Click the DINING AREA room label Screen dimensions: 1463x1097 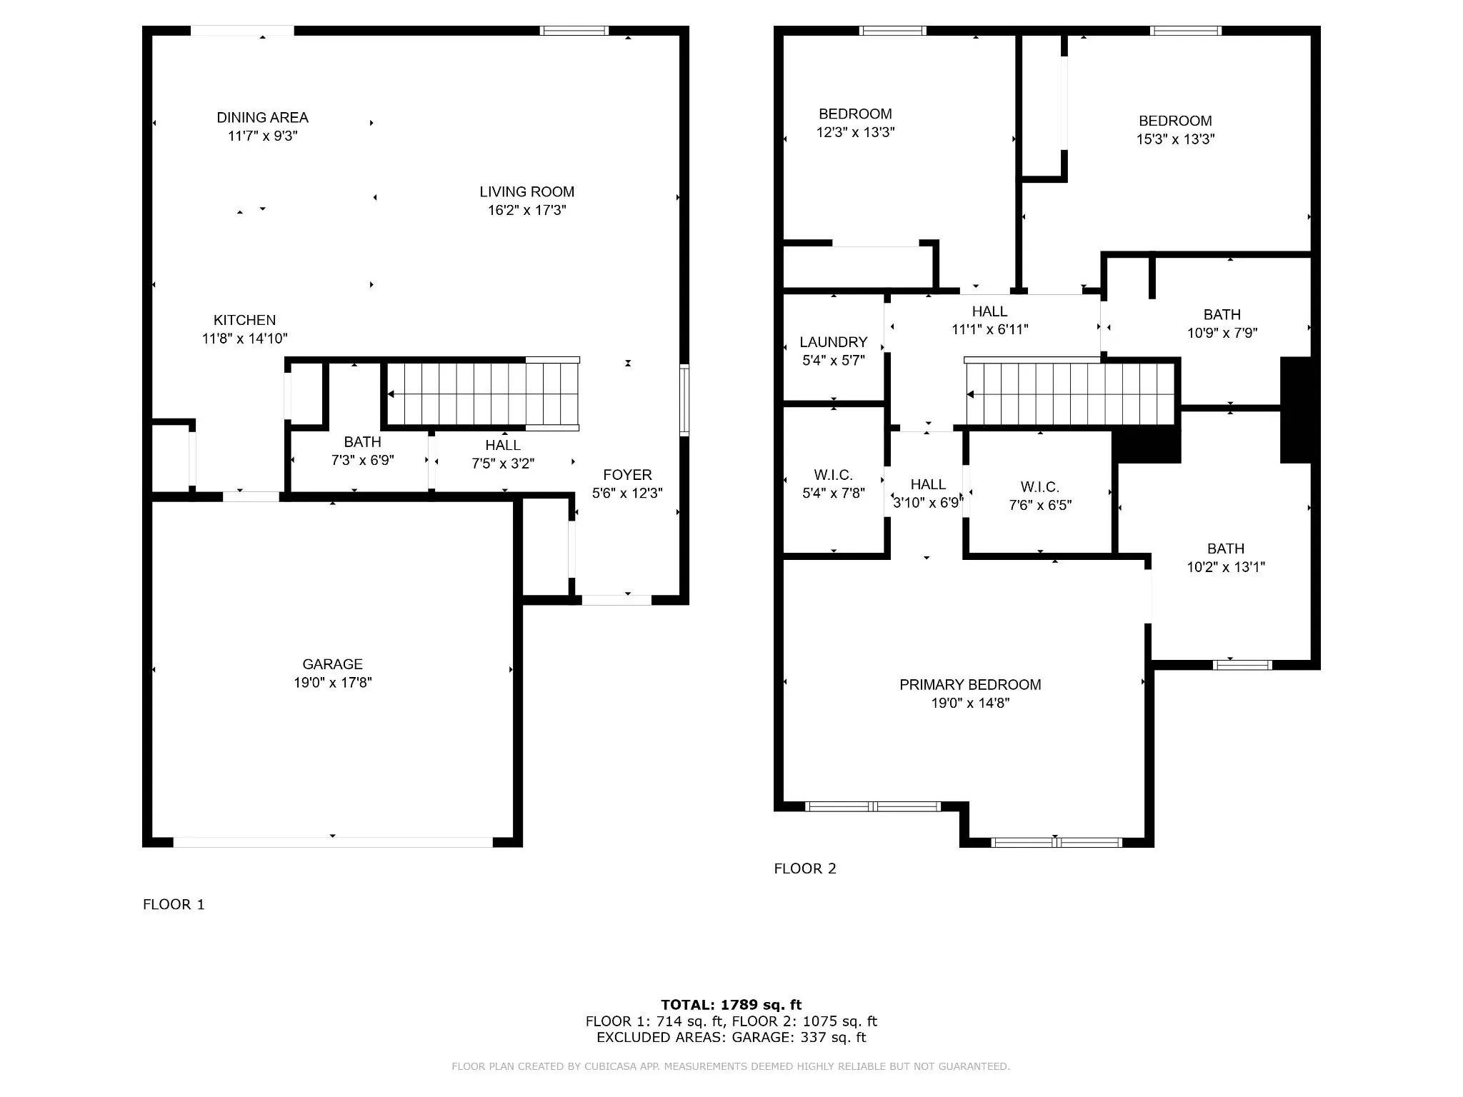coord(262,117)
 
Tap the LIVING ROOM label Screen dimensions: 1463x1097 coord(526,191)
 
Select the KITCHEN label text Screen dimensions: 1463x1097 coord(244,320)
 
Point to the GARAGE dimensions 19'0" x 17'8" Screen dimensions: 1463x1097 coord(332,682)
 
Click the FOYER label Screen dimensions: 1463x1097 coord(627,475)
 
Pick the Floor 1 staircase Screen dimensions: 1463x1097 coord(483,394)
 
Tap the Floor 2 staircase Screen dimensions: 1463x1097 coord(1069,394)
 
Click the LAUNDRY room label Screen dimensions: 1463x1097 coord(833,342)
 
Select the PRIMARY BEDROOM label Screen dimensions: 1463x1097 coord(970,684)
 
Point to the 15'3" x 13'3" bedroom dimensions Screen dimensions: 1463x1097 coord(1175,139)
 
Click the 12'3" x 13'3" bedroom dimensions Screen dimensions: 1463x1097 coord(855,132)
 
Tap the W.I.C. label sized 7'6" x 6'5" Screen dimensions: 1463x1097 coord(1039,487)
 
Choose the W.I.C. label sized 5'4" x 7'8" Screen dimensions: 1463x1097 coord(833,475)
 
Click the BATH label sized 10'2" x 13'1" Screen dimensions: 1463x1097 coord(1226,548)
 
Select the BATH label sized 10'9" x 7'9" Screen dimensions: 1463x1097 coord(1222,314)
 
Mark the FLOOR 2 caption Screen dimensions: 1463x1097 coord(805,868)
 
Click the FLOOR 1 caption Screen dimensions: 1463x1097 coord(174,904)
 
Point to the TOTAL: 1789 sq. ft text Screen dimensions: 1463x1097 coord(731,1005)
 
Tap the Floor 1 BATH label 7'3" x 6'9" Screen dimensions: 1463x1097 coord(362,442)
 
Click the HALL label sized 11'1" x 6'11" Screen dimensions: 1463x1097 coord(989,311)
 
